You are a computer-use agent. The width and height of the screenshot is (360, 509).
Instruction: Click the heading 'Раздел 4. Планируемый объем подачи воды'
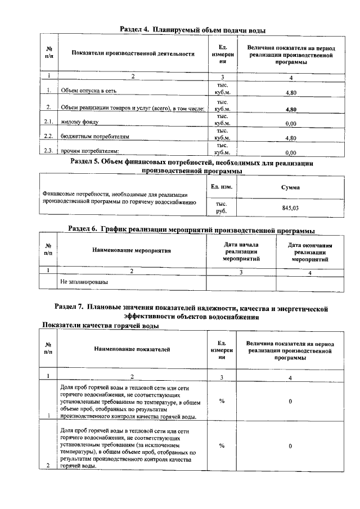coord(193,30)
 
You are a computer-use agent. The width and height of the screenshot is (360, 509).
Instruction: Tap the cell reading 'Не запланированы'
coord(84,281)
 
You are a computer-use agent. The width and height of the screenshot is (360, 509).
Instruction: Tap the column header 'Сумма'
coord(290,187)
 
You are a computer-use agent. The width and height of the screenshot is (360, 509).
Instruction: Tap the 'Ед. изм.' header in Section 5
coord(221,186)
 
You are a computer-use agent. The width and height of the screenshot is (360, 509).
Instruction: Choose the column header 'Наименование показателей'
coord(132,349)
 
